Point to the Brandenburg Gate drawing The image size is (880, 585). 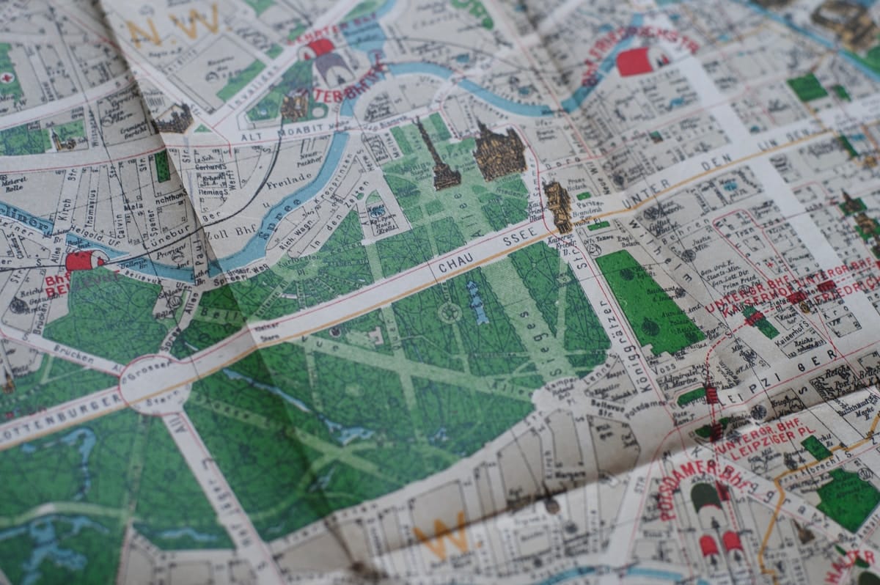coord(559,205)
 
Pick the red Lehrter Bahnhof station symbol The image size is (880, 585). coord(320,48)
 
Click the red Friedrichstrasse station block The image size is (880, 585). coord(634,62)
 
